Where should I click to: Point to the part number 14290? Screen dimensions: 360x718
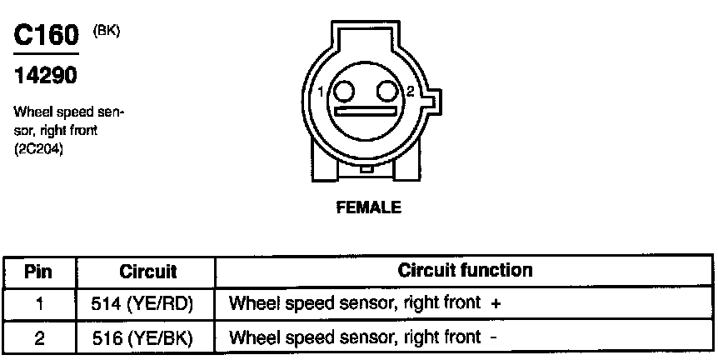pyautogui.click(x=46, y=77)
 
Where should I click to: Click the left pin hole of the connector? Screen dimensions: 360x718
pyautogui.click(x=344, y=90)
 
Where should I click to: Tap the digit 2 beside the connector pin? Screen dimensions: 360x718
pyautogui.click(x=410, y=92)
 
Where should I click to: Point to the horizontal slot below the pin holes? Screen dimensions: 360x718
pyautogui.click(x=365, y=112)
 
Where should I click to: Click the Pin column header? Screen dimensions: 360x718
pyautogui.click(x=39, y=272)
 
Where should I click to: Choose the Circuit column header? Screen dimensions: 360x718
pyautogui.click(x=148, y=272)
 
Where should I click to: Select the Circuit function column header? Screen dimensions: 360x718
pyautogui.click(x=465, y=271)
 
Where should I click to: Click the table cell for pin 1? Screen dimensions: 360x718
pyautogui.click(x=39, y=304)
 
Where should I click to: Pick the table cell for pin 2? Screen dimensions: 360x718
pyautogui.click(x=39, y=337)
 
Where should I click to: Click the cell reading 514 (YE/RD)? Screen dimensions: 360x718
pyautogui.click(x=148, y=304)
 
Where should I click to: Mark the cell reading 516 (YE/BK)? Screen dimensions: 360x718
pyautogui.click(x=148, y=337)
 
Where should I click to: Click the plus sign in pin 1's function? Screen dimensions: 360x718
pyautogui.click(x=496, y=305)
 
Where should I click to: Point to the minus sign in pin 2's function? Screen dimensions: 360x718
pyautogui.click(x=495, y=337)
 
